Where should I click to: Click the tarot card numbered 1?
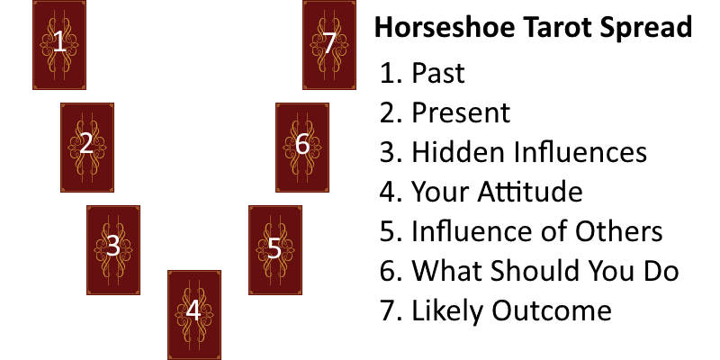(59, 45)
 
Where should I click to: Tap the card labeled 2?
(86, 147)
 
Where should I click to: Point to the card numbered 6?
(301, 147)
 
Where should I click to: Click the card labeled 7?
(328, 45)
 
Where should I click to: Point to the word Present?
(461, 113)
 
